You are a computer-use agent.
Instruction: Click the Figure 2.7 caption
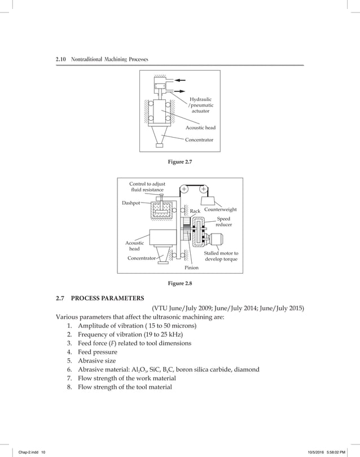[180, 162]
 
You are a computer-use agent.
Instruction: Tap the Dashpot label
[131, 203]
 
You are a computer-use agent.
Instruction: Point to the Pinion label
[191, 267]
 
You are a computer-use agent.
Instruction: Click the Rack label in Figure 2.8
[195, 211]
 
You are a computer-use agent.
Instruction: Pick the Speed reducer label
[223, 221]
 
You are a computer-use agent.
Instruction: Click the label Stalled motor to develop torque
[221, 256]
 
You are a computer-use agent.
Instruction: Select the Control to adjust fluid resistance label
[147, 187]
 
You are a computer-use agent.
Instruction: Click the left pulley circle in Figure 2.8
[184, 189]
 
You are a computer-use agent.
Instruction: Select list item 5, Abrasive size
[97, 361]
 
